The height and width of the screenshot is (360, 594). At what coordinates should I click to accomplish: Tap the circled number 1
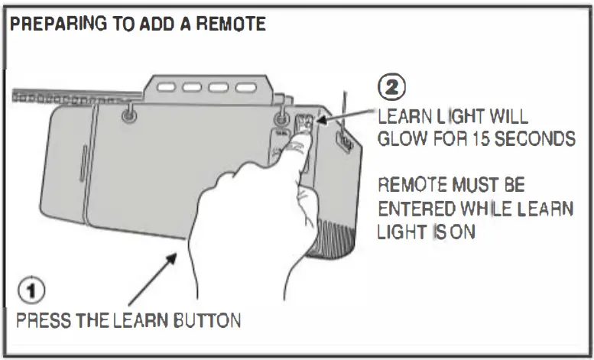coord(31,291)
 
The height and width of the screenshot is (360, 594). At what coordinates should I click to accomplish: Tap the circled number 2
coord(392,86)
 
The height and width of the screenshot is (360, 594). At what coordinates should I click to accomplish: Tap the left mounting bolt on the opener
coord(128,113)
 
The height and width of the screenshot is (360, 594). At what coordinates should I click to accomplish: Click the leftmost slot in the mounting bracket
coord(166,88)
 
